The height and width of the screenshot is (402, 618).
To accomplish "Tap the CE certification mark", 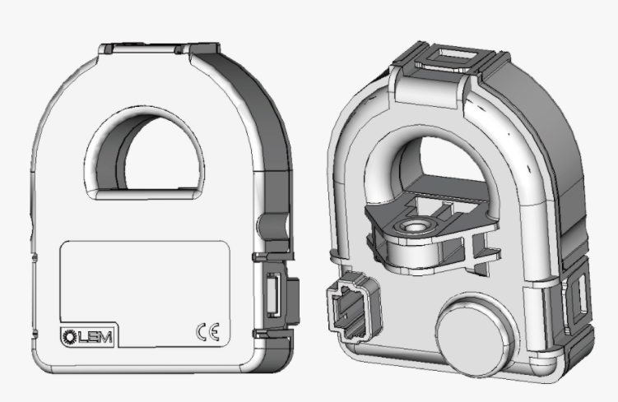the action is (x=207, y=332).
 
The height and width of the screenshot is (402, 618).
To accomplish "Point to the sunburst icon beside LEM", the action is (x=70, y=336).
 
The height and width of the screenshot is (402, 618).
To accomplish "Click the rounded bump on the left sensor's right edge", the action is (x=272, y=227).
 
